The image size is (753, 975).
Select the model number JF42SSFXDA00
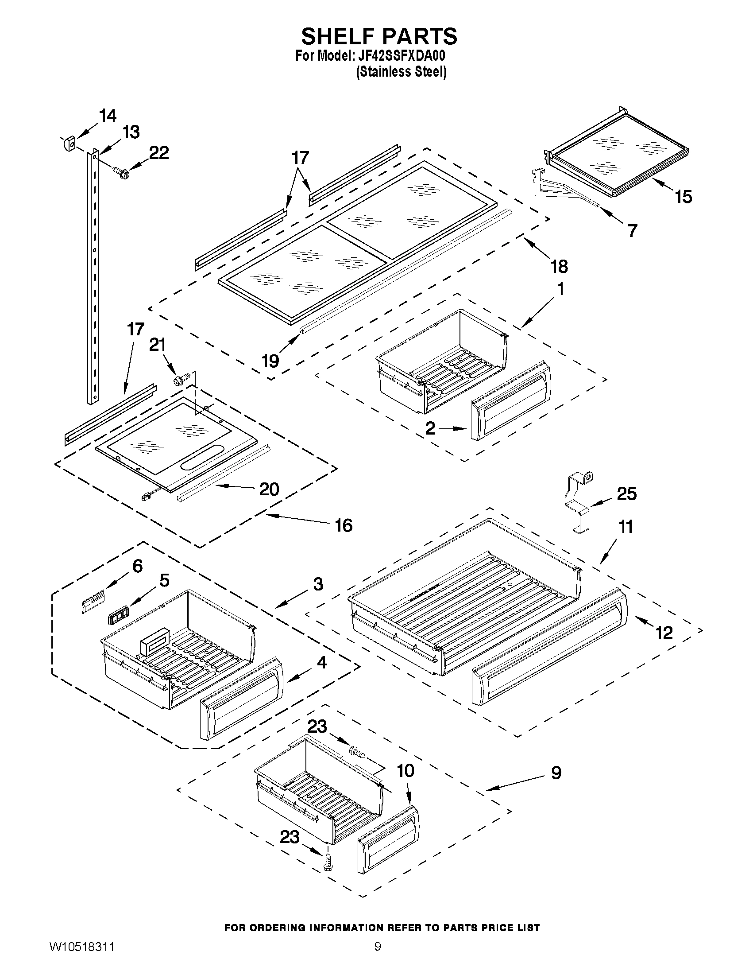tap(399, 57)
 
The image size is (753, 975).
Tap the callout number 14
tap(108, 116)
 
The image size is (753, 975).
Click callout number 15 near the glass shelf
tap(683, 196)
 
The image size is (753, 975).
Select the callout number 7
tap(632, 230)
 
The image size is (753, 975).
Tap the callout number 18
tap(559, 267)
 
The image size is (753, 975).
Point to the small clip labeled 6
tap(93, 601)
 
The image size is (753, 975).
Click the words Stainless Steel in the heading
tap(402, 72)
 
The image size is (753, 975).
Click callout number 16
tap(344, 525)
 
